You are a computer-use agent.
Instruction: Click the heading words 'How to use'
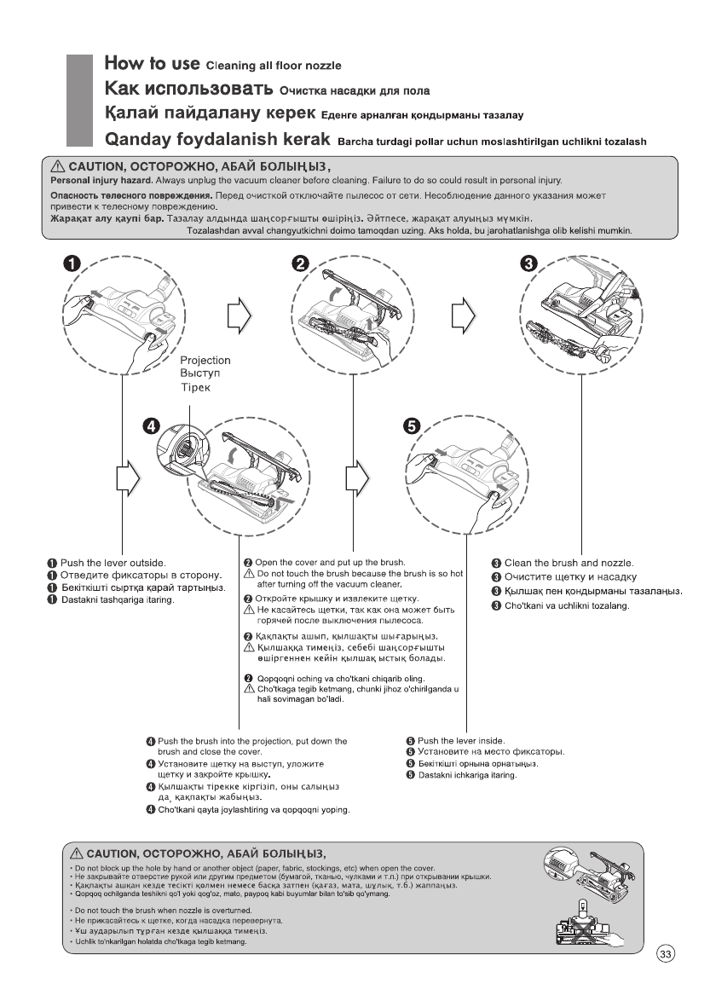click(x=153, y=63)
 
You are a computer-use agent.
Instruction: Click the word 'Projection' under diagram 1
click(x=205, y=361)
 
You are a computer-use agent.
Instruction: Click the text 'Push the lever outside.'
click(x=113, y=563)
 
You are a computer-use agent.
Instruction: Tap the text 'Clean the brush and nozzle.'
click(x=568, y=563)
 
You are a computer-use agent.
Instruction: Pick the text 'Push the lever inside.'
click(x=461, y=740)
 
